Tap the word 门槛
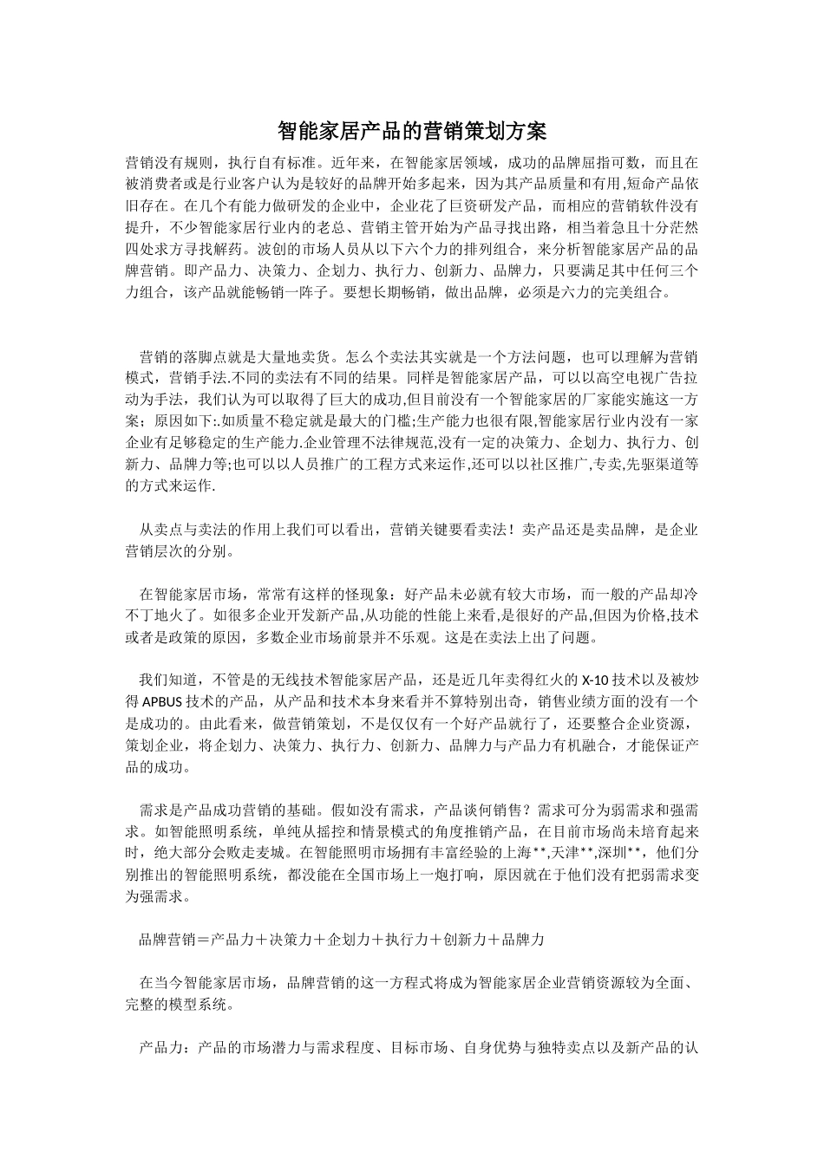click(389, 422)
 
